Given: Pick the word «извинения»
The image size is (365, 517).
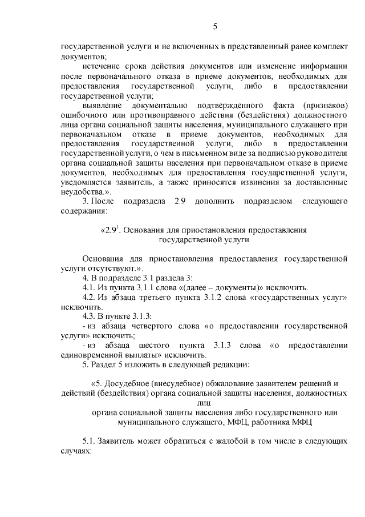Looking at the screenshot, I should click(257, 182).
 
